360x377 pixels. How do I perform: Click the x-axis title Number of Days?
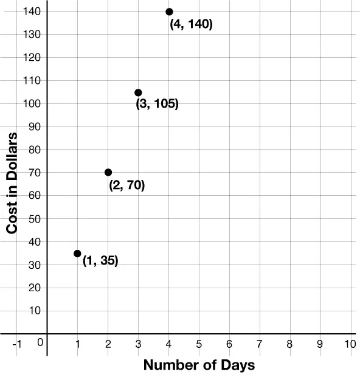pyautogui.click(x=198, y=365)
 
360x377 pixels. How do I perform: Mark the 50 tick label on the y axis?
pyautogui.click(x=35, y=218)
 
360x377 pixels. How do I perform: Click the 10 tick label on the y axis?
pyautogui.click(x=35, y=311)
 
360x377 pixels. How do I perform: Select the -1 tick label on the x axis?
pyautogui.click(x=17, y=344)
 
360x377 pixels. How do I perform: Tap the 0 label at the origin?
pyautogui.click(x=40, y=342)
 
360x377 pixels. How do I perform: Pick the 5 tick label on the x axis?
pyautogui.click(x=199, y=344)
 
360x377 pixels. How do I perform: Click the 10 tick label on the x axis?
pyautogui.click(x=349, y=344)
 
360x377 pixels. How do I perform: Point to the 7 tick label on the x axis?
pyautogui.click(x=260, y=344)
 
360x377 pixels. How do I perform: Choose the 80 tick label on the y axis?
pyautogui.click(x=35, y=150)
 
